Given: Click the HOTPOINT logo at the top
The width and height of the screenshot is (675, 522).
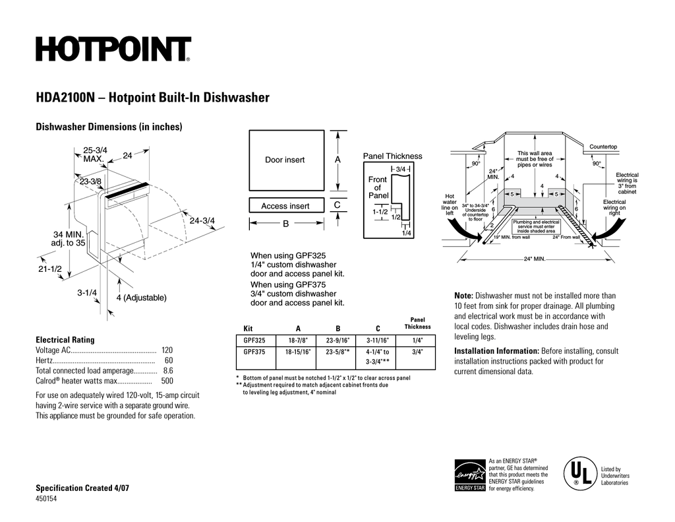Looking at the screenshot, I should click(113, 49).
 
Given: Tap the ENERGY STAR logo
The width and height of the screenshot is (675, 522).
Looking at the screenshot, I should click(469, 475).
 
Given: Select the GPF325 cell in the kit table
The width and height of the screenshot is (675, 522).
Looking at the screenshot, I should click(254, 341).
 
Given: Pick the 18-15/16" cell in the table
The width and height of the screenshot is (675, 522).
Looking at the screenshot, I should click(298, 352).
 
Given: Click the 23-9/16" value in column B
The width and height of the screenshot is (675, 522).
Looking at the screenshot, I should click(338, 341).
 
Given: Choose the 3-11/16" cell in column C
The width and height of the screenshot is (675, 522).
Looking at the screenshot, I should click(378, 341).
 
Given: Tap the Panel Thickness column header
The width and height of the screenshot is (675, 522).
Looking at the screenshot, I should click(417, 323).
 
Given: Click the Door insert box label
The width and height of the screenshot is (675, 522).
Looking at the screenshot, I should click(285, 160).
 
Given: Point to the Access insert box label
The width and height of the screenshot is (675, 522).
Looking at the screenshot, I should click(285, 206).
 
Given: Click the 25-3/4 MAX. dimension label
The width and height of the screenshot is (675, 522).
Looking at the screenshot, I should click(96, 155).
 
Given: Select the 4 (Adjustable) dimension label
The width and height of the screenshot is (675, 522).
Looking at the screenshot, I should click(141, 298).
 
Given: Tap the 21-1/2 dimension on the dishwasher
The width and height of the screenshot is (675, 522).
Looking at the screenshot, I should click(49, 269).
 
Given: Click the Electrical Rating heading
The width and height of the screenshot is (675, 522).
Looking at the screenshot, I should click(65, 340).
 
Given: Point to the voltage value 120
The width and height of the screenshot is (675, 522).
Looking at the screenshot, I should click(167, 350).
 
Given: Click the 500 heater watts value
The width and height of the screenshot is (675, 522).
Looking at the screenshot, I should click(167, 381).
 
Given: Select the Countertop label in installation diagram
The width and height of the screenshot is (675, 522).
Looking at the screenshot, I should click(603, 147).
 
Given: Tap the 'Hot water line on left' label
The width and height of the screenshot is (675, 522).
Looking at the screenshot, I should click(450, 205).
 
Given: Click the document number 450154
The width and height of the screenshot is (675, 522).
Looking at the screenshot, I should click(47, 499).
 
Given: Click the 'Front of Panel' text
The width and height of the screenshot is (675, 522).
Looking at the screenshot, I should click(378, 187).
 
